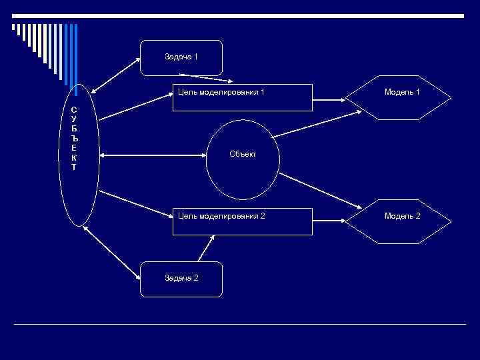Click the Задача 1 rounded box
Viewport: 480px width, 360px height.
[x=181, y=57]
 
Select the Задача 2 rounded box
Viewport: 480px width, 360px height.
[x=181, y=279]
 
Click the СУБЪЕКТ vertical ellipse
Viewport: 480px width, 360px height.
[x=79, y=155]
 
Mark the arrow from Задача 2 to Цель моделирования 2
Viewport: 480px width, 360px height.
[x=207, y=249]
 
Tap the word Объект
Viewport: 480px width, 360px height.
[x=242, y=155]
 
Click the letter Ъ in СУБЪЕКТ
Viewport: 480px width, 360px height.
[x=73, y=137]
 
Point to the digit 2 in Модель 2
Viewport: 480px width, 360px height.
[x=417, y=216]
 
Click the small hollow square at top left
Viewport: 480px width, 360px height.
[x=13, y=27]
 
